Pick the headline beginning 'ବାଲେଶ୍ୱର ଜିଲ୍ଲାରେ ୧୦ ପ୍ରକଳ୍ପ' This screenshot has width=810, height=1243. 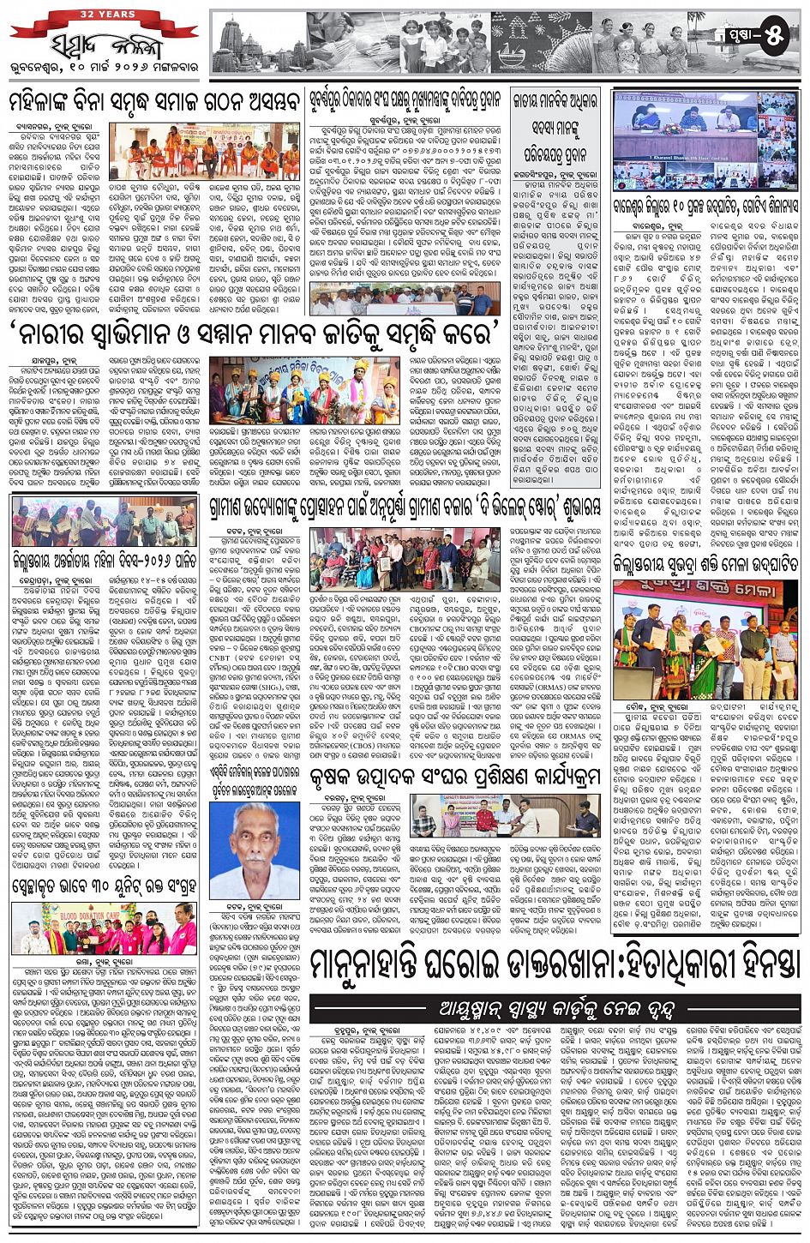706,205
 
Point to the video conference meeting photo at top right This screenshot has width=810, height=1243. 706,141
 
